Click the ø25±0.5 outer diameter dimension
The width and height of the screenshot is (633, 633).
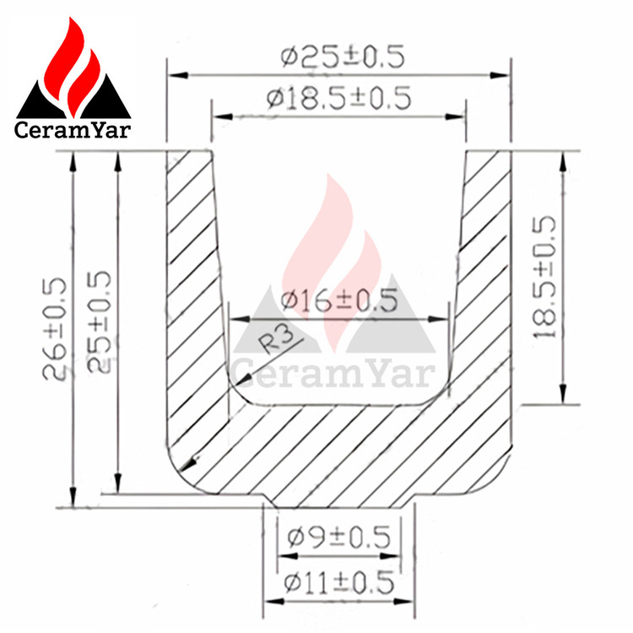coord(343,56)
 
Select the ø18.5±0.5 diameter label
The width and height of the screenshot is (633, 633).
coord(338,98)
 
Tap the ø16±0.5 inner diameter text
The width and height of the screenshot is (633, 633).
coord(339,300)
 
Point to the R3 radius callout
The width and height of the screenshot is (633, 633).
coord(278,339)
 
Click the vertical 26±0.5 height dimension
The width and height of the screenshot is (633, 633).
coord(54,328)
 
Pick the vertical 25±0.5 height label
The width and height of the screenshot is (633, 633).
coord(99,322)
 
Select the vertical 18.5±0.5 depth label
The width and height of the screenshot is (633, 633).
coord(544,277)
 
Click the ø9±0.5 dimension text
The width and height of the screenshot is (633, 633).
coord(339,538)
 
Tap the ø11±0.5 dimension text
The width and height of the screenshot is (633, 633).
coord(338,582)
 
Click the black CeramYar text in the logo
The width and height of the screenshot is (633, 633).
coord(73,130)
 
